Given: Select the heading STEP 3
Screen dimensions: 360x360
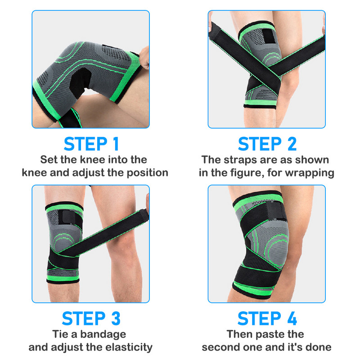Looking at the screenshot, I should pos(91,318).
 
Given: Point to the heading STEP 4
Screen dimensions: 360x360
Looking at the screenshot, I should pos(267,318).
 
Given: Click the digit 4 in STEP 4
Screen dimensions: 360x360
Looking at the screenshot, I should pos(291,318).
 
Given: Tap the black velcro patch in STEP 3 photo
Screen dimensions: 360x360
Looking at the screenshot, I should pos(59,220).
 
